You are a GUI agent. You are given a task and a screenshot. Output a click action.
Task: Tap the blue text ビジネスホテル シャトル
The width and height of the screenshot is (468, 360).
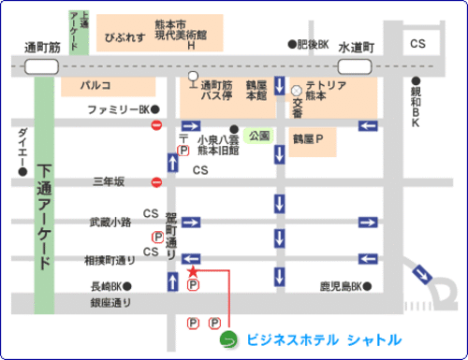[323, 338]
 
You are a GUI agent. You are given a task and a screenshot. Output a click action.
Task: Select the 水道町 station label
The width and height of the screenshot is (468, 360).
[357, 45]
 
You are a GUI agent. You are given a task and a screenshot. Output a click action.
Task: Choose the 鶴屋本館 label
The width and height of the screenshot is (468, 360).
[256, 91]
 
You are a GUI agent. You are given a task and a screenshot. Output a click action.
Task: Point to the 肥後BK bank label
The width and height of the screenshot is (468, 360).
[314, 44]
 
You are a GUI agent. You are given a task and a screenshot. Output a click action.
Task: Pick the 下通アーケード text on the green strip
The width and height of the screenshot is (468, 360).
[45, 216]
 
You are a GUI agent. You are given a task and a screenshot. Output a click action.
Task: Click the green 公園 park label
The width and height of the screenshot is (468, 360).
[260, 135]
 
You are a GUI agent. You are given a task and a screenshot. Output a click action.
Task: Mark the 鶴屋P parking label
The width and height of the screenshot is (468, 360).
[313, 139]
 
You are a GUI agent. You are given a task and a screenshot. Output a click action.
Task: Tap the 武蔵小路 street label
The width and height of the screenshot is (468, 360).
[110, 222]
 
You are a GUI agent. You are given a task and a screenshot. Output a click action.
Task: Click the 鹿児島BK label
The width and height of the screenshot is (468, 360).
[340, 284]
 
